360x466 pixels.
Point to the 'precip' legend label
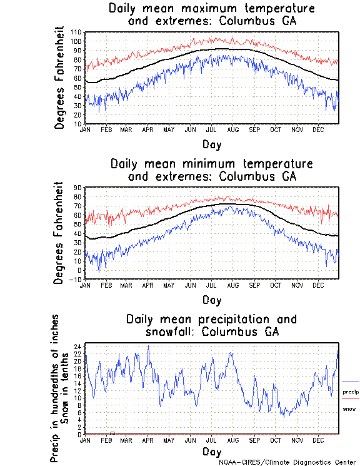pyautogui.click(x=351, y=392)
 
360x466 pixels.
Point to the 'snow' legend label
pyautogui.click(x=349, y=408)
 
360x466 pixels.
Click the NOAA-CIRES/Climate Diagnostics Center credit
pyautogui.click(x=287, y=462)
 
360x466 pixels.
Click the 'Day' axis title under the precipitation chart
pyautogui.click(x=211, y=450)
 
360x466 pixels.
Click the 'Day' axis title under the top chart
pyautogui.click(x=211, y=143)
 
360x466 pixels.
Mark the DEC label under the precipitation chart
pyautogui.click(x=317, y=440)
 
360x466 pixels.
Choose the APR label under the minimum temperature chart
pyautogui.click(x=147, y=285)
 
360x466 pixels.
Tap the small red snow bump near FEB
pyautogui.click(x=112, y=432)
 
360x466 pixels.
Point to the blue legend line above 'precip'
pyautogui.click(x=351, y=382)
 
